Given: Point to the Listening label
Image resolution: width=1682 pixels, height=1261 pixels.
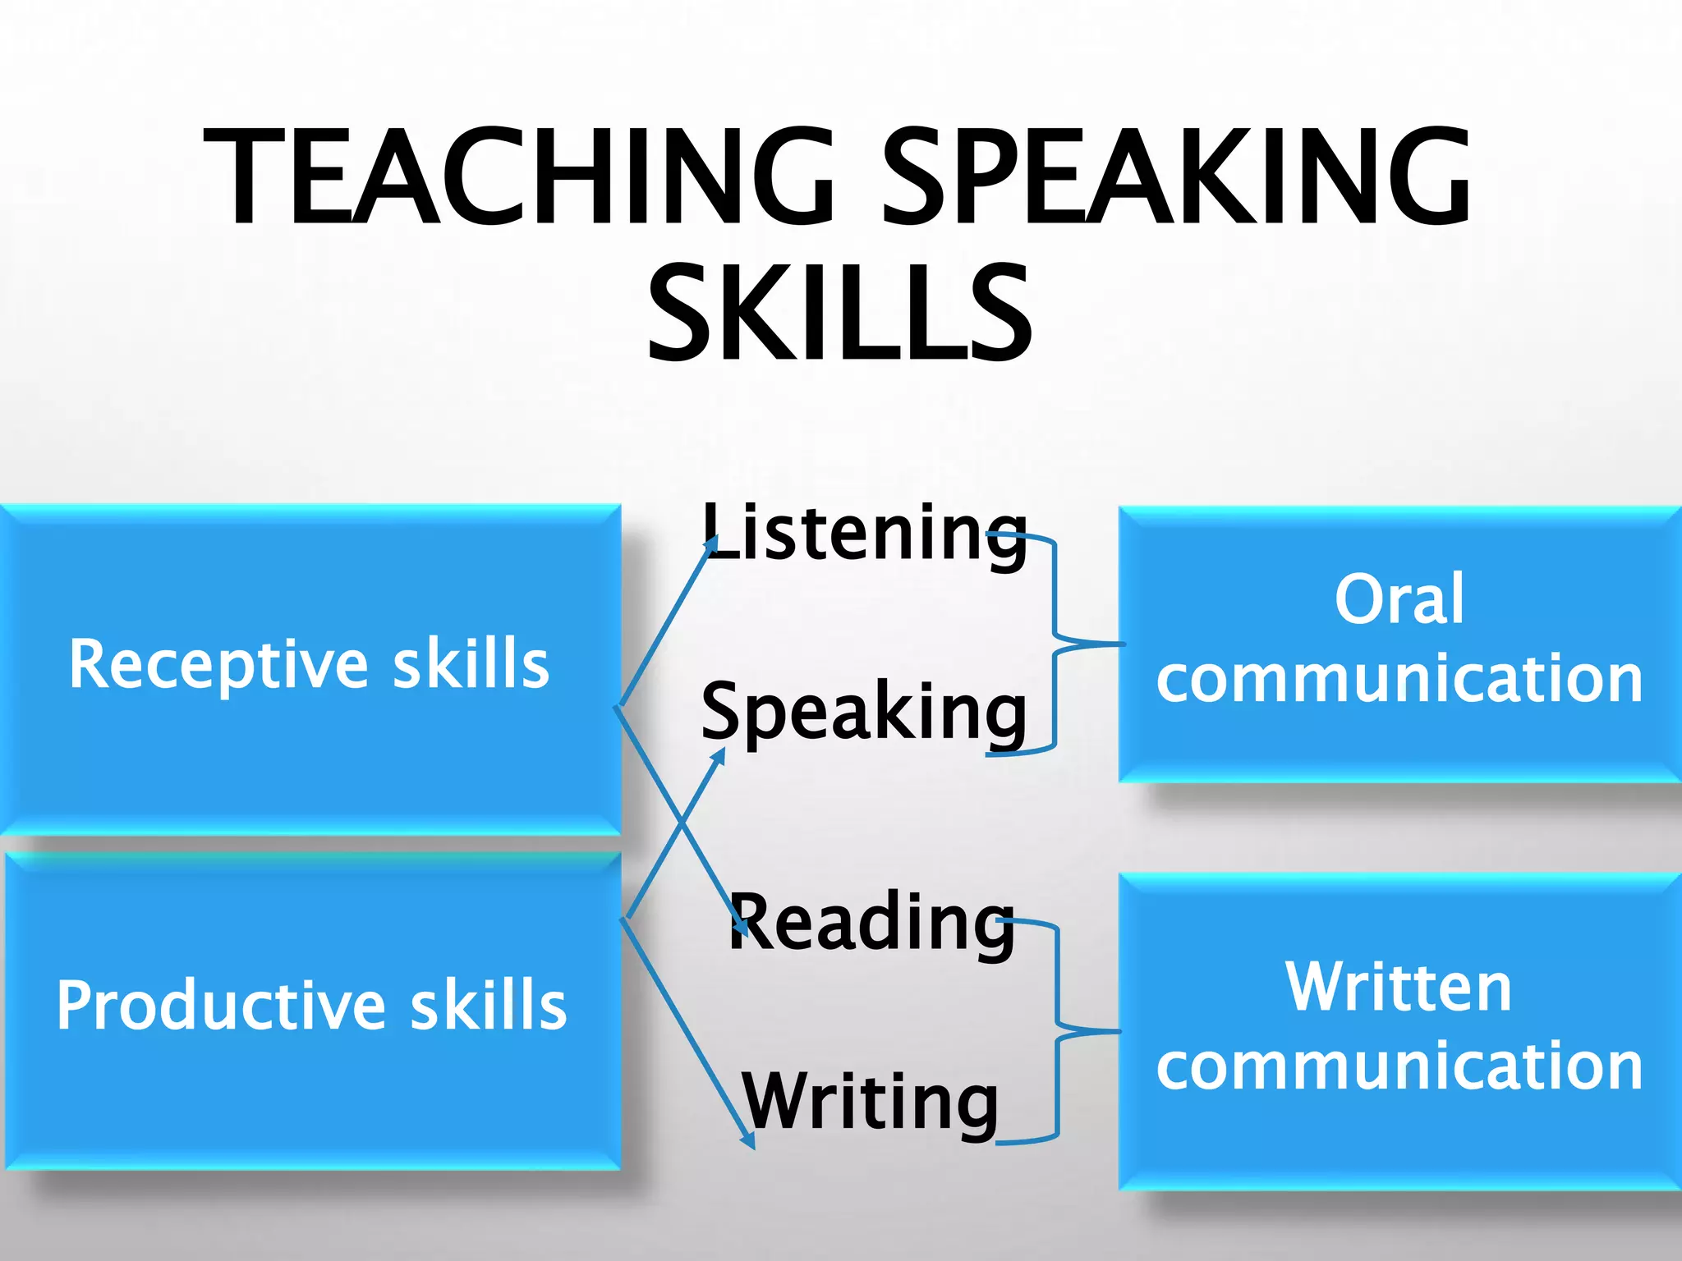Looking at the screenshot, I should [864, 534].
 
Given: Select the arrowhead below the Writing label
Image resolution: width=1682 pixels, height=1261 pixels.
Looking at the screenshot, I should [748, 1140].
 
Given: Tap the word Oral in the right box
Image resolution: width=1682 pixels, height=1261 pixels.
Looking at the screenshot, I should [1399, 599].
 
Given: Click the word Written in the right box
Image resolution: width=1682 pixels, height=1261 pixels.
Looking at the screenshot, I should [1399, 987].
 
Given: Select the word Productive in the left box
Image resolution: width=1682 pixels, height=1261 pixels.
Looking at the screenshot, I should [221, 1007].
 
